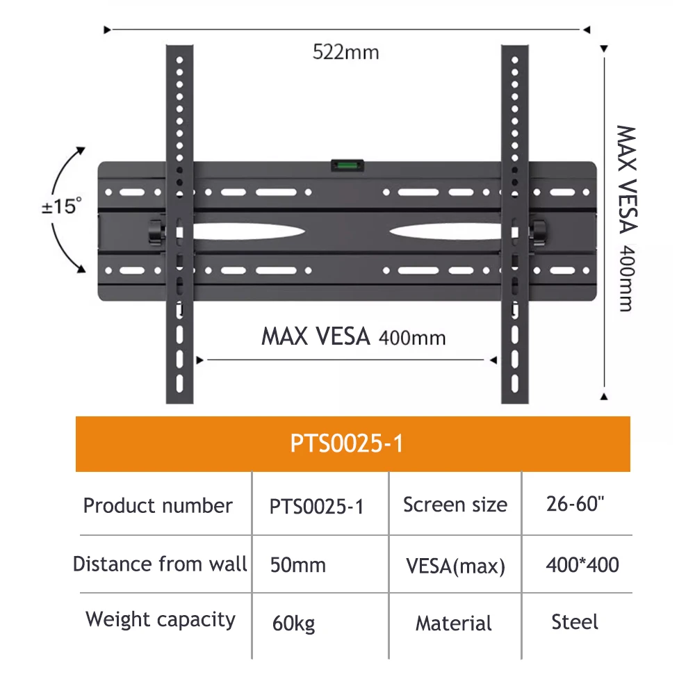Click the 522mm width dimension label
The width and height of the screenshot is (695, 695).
click(345, 52)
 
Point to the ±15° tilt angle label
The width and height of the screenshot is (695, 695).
click(61, 207)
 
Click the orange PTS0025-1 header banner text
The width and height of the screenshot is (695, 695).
click(347, 443)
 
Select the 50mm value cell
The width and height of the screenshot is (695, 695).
click(297, 565)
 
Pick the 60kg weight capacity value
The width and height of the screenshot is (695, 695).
click(294, 623)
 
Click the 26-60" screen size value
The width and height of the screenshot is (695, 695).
click(575, 505)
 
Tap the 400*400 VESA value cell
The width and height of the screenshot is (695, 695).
click(582, 564)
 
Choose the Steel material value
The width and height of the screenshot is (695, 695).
click(575, 622)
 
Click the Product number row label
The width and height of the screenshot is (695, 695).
click(158, 505)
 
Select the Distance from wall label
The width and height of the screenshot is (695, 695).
click(160, 564)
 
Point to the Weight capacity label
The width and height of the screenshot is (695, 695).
click(161, 620)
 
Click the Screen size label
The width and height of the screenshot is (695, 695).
click(455, 505)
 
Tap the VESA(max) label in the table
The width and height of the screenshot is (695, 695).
click(455, 566)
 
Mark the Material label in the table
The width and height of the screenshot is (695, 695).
click(453, 623)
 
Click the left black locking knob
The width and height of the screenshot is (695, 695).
click(155, 232)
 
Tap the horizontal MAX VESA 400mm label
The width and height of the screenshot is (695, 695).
click(353, 337)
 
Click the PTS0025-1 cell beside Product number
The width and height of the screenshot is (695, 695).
click(316, 507)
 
